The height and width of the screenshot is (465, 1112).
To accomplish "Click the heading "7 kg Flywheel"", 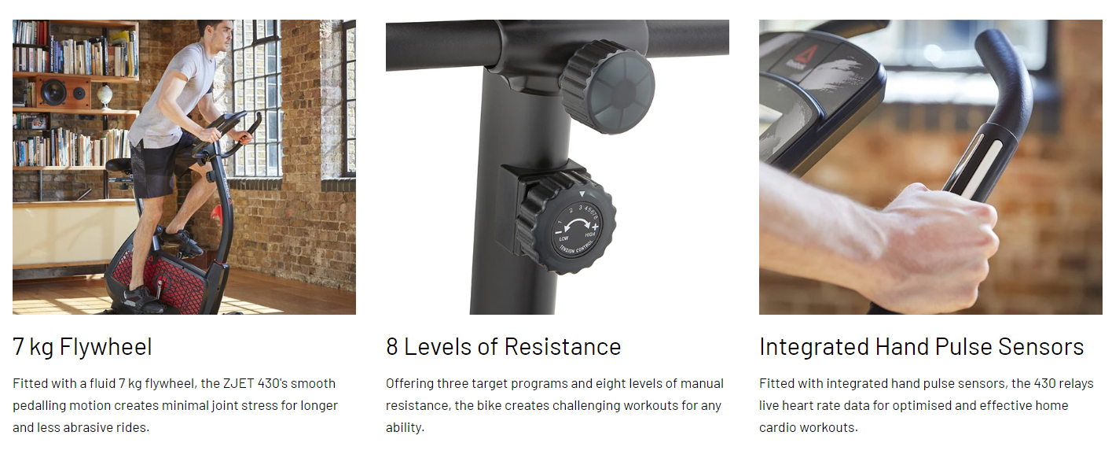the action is point(83,347).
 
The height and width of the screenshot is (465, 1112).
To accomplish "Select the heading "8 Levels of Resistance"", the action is point(504,347).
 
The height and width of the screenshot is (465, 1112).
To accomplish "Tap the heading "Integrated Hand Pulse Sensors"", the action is point(921,347).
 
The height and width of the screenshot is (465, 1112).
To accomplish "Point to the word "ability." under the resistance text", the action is point(405,427).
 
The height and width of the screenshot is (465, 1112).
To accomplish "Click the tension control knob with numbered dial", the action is point(566,223).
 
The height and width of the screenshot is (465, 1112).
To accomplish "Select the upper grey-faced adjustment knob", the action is point(607,86).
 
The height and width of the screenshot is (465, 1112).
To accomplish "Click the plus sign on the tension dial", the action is point(595,227).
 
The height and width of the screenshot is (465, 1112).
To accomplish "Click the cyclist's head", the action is point(216,34).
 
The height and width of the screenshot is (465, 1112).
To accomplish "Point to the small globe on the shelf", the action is point(105,95).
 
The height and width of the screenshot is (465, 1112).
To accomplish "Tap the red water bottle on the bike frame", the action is point(216,215).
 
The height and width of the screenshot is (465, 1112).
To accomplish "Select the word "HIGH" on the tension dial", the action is point(589,234).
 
